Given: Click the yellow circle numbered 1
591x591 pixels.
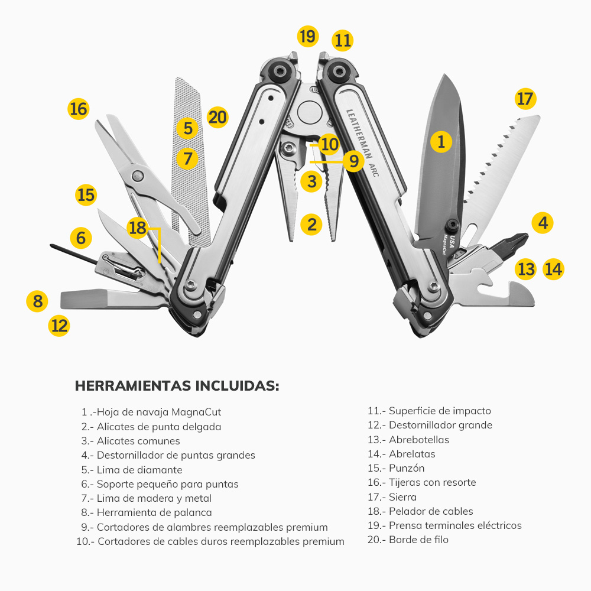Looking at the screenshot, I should coord(441,141).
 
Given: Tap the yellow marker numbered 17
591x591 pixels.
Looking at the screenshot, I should coord(525,98).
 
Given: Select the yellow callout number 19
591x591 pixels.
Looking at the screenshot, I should coord(307,37).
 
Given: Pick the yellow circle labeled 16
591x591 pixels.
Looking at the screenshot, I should coord(78,109).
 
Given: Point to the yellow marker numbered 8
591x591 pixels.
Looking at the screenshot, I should coord(38,301).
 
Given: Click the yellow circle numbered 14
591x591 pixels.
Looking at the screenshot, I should coord(553,269).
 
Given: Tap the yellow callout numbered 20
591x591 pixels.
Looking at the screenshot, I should coord(217,117).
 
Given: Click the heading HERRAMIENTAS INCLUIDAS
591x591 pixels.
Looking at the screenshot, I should coord(177,386).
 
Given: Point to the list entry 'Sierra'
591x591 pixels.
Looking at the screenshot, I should coord(402,497).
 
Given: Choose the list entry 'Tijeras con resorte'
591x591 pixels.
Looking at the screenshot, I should coord(432,482).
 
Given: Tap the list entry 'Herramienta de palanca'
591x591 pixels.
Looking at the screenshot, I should coord(154,512).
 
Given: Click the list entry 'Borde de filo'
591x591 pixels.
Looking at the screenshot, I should coord(418,540).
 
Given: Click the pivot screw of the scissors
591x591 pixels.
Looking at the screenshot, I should coord(138,175).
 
